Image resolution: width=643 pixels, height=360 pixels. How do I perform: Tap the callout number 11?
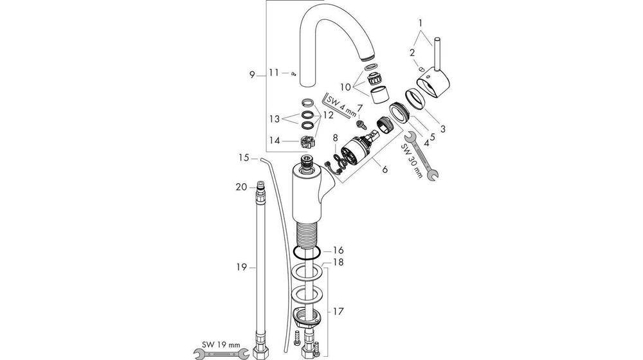pos(274,73)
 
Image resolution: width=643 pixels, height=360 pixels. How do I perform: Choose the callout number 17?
pos(339,312)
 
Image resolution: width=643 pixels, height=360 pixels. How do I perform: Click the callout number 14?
pos(275,140)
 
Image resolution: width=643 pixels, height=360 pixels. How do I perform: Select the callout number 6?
pos(385,170)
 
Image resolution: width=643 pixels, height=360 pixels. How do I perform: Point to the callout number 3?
pos(443,128)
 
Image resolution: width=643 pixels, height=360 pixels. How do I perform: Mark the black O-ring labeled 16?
pos(305,251)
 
